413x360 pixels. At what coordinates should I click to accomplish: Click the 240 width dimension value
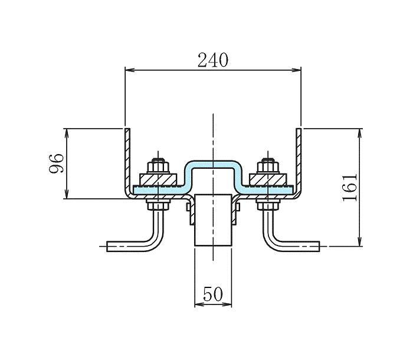click(212, 60)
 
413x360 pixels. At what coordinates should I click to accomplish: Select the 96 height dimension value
click(56, 163)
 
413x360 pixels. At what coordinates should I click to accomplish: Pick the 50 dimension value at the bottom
click(213, 294)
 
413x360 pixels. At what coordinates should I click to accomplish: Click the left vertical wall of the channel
click(127, 159)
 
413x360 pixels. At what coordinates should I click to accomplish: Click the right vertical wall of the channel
click(299, 159)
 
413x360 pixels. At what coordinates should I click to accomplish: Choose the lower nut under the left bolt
click(157, 205)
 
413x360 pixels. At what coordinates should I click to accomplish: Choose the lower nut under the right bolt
click(268, 205)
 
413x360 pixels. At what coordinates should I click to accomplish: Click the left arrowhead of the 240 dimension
click(128, 70)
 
